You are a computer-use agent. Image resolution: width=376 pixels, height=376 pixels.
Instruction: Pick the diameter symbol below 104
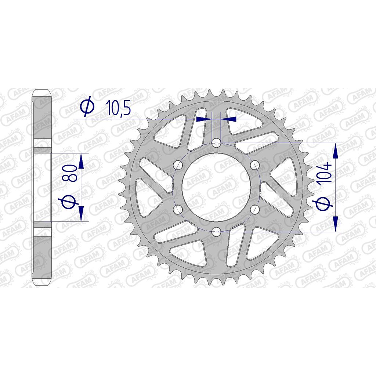(324, 204)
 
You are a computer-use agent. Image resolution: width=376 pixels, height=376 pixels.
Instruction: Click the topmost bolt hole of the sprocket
(216, 144)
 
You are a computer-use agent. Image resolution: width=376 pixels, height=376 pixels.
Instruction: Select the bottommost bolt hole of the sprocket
(216, 232)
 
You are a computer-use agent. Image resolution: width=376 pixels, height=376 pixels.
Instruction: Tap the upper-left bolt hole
(178, 165)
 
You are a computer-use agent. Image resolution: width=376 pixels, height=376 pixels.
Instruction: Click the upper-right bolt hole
(255, 165)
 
